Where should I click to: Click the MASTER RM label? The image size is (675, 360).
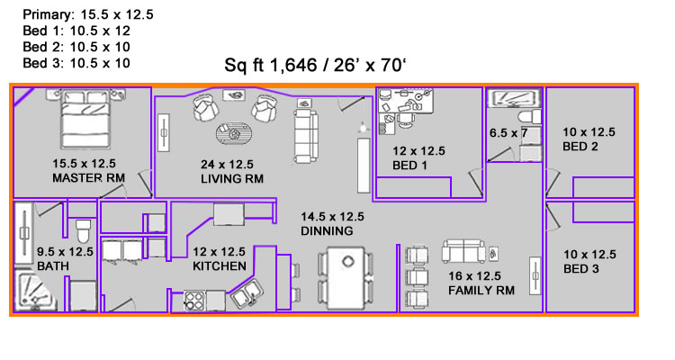(x=89, y=178)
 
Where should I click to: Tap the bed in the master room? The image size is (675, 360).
(x=85, y=119)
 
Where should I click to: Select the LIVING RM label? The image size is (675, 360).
(x=232, y=179)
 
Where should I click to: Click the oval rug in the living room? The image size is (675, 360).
(x=234, y=133)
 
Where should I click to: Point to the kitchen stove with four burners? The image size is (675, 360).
(x=194, y=300)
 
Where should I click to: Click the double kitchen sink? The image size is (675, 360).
(x=246, y=293)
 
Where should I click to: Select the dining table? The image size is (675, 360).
(x=346, y=277)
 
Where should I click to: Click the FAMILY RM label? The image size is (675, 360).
(x=481, y=291)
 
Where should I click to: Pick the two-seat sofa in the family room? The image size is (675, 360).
(x=463, y=251)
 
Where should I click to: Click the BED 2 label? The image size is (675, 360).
(x=580, y=147)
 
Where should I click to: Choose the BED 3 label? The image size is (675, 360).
(x=580, y=269)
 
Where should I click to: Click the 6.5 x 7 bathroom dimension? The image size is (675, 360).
(x=508, y=132)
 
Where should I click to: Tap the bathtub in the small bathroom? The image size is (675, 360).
(x=513, y=98)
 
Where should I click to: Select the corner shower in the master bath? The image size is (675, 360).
(x=35, y=291)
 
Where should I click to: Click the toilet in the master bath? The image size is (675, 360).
(x=83, y=230)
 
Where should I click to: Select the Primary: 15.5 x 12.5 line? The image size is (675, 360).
(x=88, y=14)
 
